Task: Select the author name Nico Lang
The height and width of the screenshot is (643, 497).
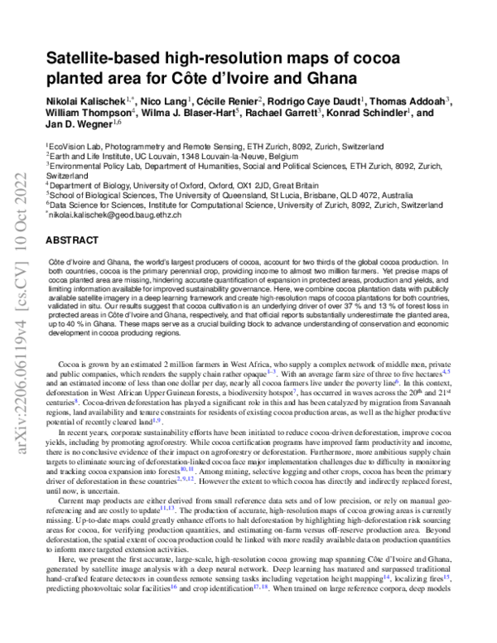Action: click(x=161, y=100)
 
